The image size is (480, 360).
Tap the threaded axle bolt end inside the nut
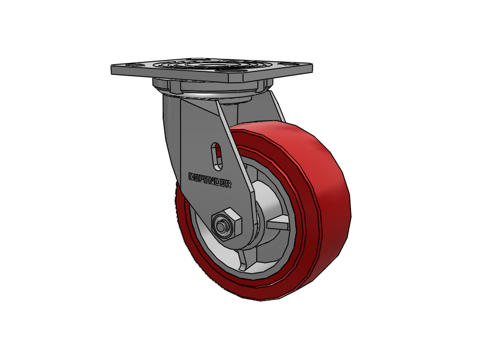pyautogui.click(x=223, y=227)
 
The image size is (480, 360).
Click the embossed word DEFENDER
pyautogui.click(x=210, y=181)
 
